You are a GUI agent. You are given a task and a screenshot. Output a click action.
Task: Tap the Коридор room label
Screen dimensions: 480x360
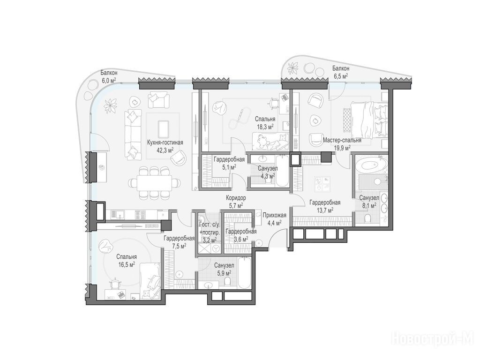pyautogui.click(x=236, y=198)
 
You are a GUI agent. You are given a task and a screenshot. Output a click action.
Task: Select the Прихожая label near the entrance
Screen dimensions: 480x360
pyautogui.click(x=274, y=215)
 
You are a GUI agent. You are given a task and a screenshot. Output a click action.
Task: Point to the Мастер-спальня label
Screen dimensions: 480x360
pyautogui.click(x=342, y=140)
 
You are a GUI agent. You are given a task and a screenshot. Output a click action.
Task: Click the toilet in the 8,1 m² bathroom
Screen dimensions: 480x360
pyautogui.click(x=368, y=217)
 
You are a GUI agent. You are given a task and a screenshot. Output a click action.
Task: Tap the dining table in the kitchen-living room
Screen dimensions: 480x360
pyautogui.click(x=154, y=183)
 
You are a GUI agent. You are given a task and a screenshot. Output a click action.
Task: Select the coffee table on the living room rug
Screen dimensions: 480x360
pyautogui.click(x=163, y=129)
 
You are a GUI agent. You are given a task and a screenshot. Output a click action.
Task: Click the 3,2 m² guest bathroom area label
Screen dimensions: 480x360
pyautogui.click(x=210, y=240)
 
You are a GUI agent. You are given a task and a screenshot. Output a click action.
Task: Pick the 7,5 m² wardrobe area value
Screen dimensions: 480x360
pyautogui.click(x=179, y=246)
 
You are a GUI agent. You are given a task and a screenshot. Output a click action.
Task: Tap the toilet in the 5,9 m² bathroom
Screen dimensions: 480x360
pyautogui.click(x=227, y=281)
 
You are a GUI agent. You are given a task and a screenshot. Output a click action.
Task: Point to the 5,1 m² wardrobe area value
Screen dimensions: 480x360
pyautogui.click(x=229, y=167)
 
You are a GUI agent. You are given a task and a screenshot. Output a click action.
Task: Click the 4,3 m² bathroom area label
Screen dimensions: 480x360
pyautogui.click(x=268, y=176)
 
